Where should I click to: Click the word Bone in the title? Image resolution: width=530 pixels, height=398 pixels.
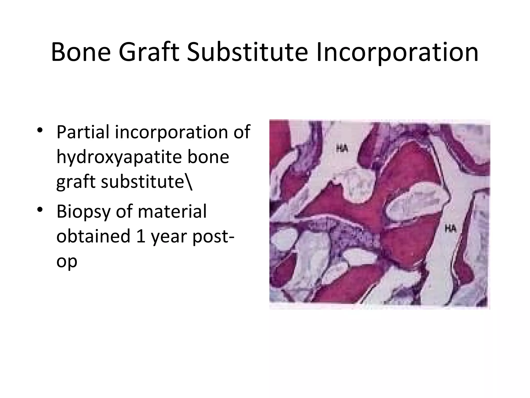[x=81, y=52]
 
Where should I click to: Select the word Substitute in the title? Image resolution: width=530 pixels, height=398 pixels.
[x=247, y=52]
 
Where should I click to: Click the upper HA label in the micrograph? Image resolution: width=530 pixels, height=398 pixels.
[x=342, y=149]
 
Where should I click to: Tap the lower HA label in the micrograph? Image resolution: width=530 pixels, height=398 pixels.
[x=451, y=229]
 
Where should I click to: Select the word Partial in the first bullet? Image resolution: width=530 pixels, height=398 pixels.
[x=83, y=132]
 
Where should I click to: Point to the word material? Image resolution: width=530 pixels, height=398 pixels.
[x=172, y=211]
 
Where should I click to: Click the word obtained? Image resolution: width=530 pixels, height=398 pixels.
[x=93, y=236]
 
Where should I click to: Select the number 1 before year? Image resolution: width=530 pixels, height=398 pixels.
[x=141, y=236]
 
